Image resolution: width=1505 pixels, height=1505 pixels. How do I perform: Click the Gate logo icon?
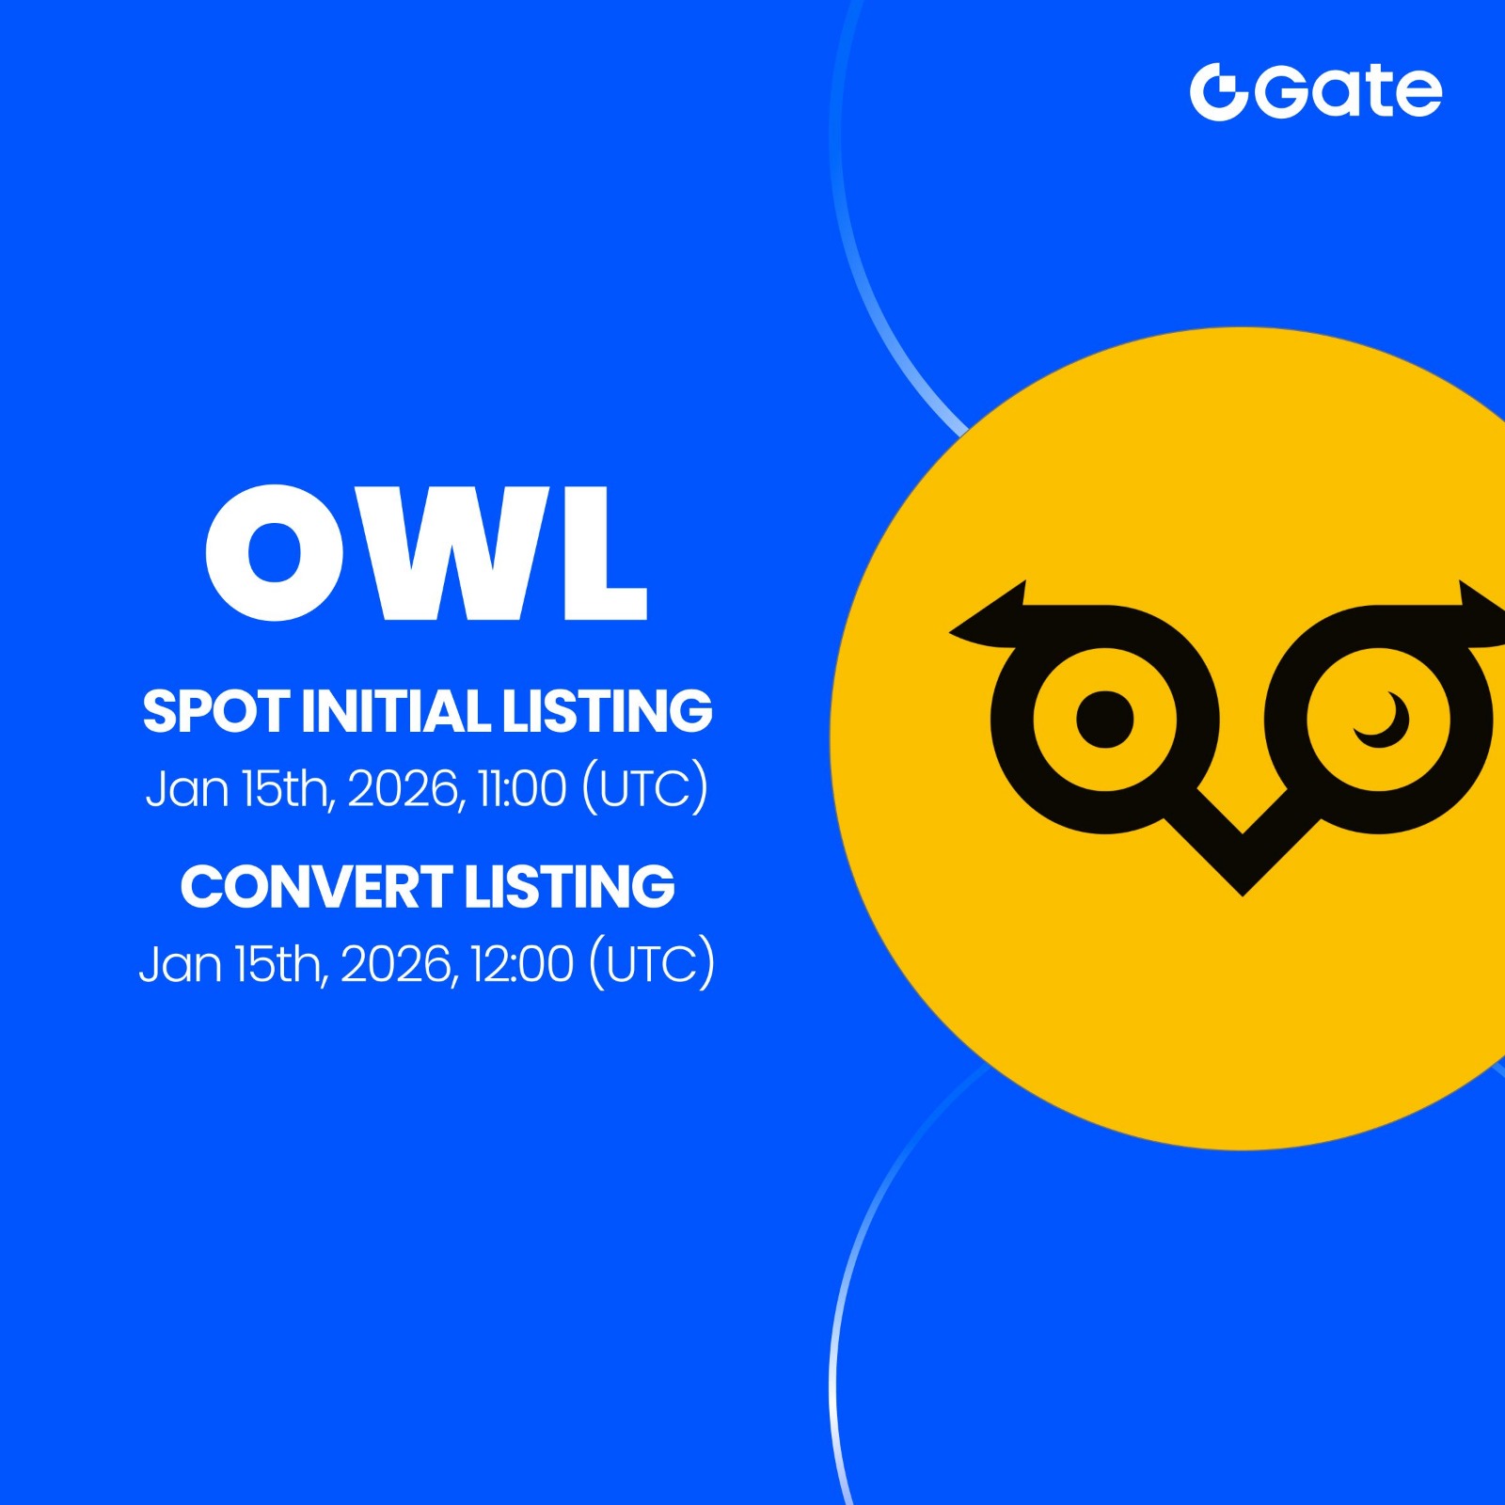1218,92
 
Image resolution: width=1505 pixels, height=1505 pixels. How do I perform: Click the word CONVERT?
316,887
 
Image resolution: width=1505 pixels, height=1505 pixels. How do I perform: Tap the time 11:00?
522,788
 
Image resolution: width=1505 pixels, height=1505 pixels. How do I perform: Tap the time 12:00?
522,964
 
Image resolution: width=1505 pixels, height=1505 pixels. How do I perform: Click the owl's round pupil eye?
1104,720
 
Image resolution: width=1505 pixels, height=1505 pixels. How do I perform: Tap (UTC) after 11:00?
644,788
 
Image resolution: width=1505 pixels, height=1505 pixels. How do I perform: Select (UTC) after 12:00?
651,964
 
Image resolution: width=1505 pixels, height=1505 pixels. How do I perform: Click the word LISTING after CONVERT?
569,887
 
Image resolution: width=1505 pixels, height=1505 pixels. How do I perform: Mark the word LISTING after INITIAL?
607,711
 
